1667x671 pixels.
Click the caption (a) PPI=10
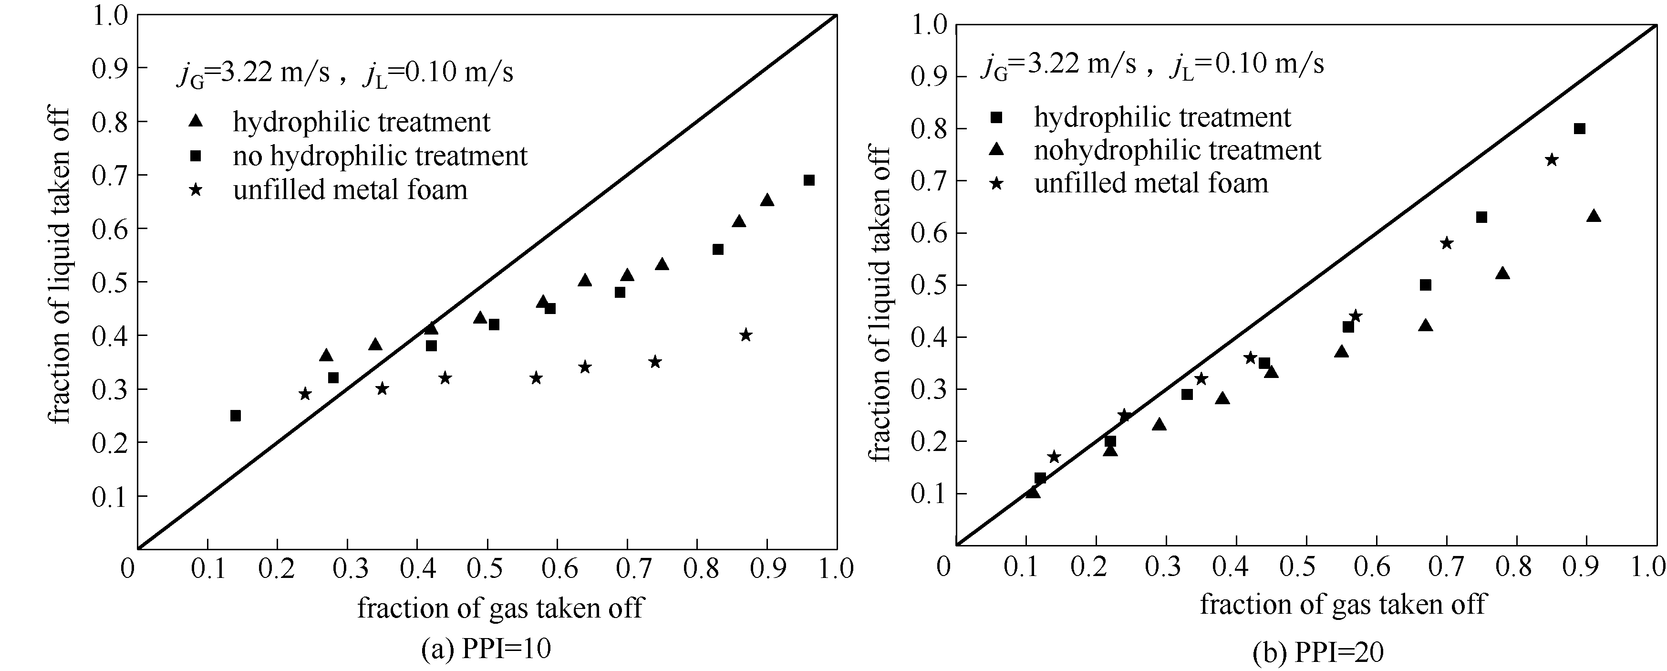486,648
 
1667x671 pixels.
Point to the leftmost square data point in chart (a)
236,416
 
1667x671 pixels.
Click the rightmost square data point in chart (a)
809,180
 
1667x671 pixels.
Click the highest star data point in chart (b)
1551,159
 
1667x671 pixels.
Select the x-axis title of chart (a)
500,608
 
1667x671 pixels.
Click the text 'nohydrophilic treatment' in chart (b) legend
1177,150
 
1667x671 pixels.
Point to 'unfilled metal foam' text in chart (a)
350,190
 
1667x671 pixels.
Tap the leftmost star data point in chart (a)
305,394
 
